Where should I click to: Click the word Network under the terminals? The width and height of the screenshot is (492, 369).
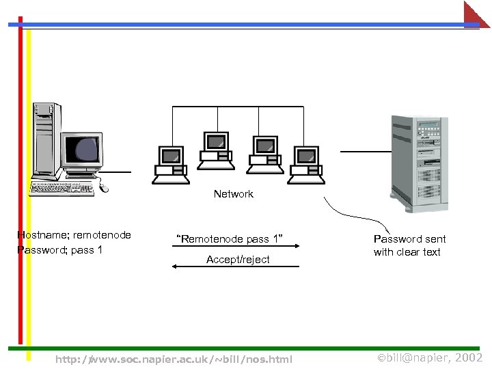coord(233,194)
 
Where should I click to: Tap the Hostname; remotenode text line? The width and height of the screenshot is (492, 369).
coord(74,235)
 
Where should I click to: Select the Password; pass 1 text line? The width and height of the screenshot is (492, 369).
coord(59,249)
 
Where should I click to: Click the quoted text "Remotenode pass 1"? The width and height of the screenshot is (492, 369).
coord(229,239)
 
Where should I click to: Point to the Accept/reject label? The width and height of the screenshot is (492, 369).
coord(238,260)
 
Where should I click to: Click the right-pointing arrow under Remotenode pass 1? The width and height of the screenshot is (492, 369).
coord(235,248)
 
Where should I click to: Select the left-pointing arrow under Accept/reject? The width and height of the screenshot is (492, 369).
coord(235,267)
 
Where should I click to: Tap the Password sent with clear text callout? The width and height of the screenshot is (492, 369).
coord(409,245)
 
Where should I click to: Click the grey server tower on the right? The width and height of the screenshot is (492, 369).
coord(418,163)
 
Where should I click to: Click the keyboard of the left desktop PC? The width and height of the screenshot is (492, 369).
coord(61,189)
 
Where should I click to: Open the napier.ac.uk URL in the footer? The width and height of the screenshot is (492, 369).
coord(174,359)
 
